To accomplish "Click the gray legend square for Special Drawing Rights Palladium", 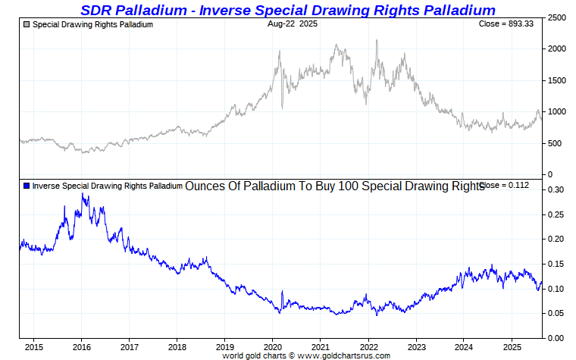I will (27, 25).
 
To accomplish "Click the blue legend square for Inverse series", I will (27, 186).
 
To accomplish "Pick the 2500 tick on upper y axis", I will (557, 17).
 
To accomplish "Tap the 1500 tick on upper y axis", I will (557, 80).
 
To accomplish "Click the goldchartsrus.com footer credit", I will (306, 355).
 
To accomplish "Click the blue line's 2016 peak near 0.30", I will (82, 194).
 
